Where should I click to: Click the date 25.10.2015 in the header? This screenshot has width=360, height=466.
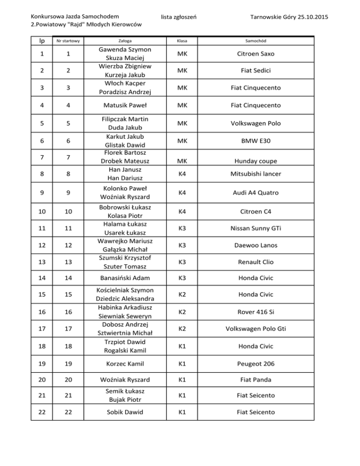click(x=310, y=17)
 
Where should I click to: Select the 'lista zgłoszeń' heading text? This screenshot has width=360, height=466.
click(x=178, y=17)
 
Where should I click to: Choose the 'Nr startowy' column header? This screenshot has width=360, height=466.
click(x=67, y=41)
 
